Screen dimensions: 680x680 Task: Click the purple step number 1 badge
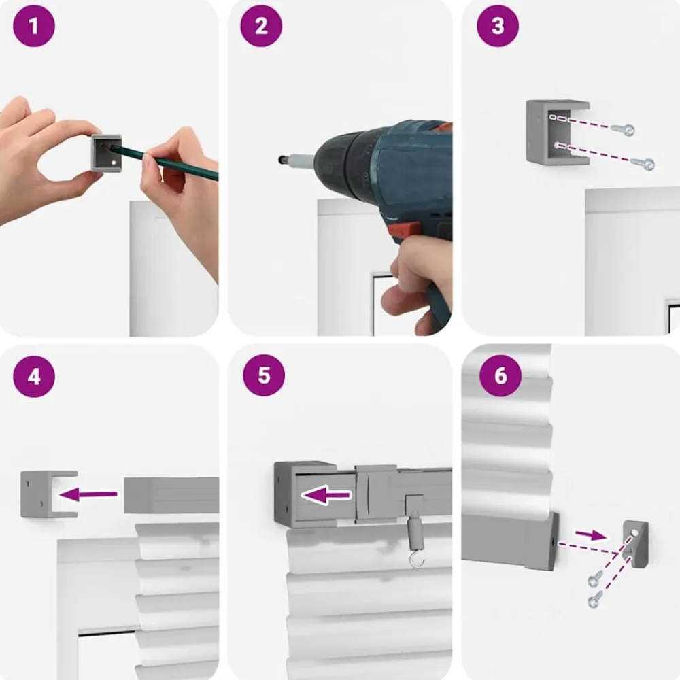tap(34, 26)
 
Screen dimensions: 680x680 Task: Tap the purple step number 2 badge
tap(261, 26)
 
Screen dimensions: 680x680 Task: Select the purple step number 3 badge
tap(498, 26)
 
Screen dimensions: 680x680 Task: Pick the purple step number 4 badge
tap(34, 377)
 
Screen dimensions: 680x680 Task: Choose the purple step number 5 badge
tap(264, 375)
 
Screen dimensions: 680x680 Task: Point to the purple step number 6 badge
tap(500, 375)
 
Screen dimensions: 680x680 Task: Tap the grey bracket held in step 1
tap(106, 153)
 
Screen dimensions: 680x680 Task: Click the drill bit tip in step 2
tap(281, 160)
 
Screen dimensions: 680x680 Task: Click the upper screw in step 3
tap(623, 129)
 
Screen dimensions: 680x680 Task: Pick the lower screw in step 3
tap(643, 163)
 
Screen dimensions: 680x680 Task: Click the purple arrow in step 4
tap(89, 494)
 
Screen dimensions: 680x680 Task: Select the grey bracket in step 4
tap(48, 494)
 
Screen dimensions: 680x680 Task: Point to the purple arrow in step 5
tap(326, 495)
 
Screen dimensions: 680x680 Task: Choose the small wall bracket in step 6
tap(636, 544)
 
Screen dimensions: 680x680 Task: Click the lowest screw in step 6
tap(594, 599)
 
